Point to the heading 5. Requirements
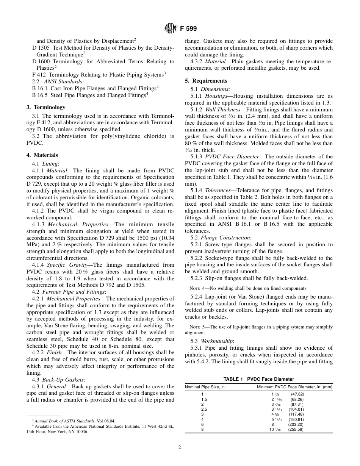[206, 81]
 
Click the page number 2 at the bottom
[180, 447]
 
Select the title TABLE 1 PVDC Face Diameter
[258, 379]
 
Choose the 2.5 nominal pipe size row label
[204, 409]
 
